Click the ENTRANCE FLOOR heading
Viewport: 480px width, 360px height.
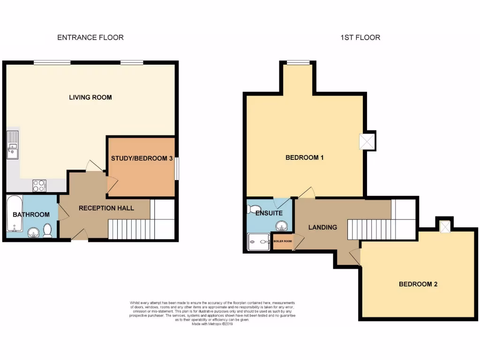90,37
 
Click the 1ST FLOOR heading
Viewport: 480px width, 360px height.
360,37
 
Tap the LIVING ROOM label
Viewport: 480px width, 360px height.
90,97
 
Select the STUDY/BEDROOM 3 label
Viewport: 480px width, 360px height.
142,158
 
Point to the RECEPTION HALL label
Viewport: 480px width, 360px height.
106,208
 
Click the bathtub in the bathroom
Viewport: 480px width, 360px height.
13,214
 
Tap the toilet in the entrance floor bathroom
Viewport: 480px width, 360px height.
47,230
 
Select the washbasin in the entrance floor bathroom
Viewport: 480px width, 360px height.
33,232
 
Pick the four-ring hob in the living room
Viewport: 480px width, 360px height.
39,186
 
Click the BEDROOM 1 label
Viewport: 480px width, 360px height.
305,157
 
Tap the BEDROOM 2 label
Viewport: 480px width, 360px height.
418,284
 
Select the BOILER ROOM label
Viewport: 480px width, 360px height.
283,241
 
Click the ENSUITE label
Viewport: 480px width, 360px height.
269,213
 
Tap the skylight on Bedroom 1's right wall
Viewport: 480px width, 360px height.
366,142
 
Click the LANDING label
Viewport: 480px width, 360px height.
322,227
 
